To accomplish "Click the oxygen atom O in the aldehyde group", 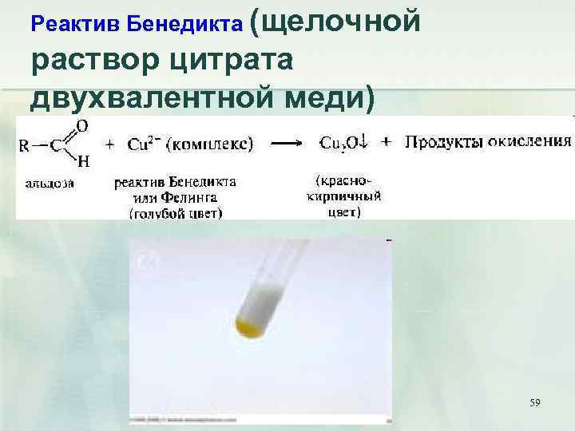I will point(81,125).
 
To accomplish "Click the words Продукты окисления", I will point(488,142).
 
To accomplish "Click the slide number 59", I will point(534,403).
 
